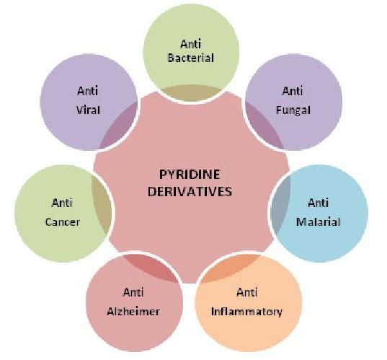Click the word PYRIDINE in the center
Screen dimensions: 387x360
click(190, 175)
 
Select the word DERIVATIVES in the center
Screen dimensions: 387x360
click(190, 192)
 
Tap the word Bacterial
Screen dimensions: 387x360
click(191, 58)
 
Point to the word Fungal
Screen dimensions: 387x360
click(293, 110)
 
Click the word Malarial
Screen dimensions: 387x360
click(318, 221)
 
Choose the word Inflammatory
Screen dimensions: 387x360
click(246, 312)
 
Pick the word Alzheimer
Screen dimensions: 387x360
click(133, 312)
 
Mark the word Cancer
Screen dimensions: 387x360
click(63, 222)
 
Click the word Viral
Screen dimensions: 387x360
click(88, 110)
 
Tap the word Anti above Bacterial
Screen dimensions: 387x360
click(191, 44)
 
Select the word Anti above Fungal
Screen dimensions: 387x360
click(293, 91)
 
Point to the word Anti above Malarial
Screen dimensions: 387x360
click(318, 203)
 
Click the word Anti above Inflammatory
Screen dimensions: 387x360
click(246, 293)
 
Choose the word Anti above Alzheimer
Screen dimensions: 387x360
click(133, 293)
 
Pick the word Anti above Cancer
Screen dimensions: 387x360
click(62, 203)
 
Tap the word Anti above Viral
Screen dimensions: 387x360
click(88, 91)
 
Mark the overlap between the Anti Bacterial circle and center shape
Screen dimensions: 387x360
click(191, 92)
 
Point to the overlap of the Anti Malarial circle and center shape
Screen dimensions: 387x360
click(280, 205)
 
